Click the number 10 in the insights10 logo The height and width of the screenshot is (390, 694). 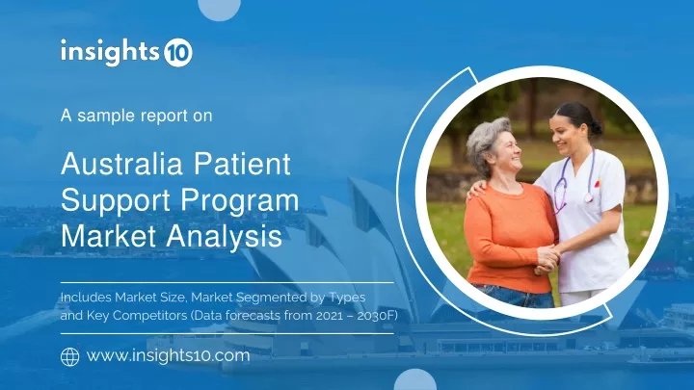[178, 53]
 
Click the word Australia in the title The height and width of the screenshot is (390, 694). [121, 164]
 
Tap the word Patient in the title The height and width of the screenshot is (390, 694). [242, 164]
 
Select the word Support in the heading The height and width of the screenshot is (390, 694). [116, 200]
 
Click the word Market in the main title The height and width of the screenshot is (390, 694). [108, 236]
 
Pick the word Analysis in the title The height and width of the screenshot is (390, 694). [224, 236]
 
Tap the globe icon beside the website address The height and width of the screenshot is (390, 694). [70, 357]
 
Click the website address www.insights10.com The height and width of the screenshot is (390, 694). [168, 355]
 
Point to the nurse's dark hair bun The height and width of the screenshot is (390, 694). [595, 127]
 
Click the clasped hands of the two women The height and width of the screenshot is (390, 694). [547, 258]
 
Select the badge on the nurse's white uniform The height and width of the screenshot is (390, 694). [597, 183]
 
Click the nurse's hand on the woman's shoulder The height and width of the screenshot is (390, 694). [476, 190]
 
